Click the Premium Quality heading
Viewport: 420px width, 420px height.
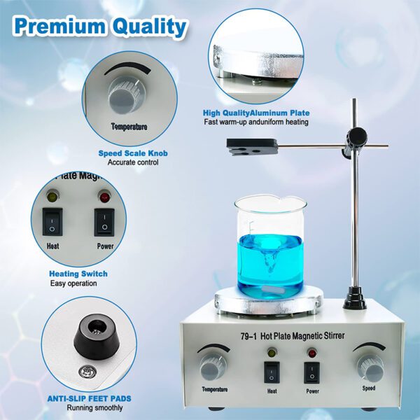[x=99, y=26]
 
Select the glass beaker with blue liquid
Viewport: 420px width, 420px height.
[x=269, y=246]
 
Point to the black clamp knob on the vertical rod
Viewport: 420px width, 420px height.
[x=358, y=134]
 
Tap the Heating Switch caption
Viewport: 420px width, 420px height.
[x=78, y=274]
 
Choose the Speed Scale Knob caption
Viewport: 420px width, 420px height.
[x=133, y=153]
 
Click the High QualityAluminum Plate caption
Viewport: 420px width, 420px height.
[x=255, y=113]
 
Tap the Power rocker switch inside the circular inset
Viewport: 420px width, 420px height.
[x=104, y=222]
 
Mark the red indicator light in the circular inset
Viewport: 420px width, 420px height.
[x=104, y=197]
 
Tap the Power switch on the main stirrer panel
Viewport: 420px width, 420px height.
[x=311, y=372]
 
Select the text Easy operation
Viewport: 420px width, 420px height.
[x=73, y=283]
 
